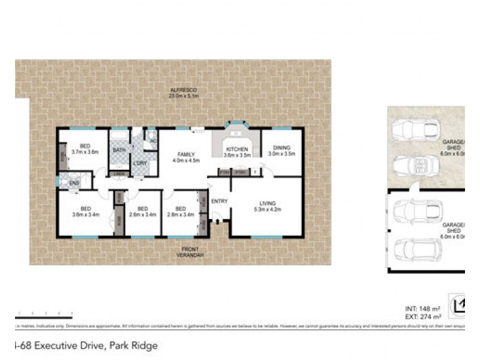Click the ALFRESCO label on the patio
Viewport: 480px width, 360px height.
click(183, 89)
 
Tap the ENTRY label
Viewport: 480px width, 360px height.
click(220, 201)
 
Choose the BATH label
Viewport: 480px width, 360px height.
click(119, 150)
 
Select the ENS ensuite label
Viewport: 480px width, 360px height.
click(74, 183)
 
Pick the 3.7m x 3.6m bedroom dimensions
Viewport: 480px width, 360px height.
click(84, 152)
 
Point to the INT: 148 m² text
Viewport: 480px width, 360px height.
click(424, 308)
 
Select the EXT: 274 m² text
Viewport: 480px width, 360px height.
click(424, 316)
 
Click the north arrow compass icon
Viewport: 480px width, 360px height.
click(461, 305)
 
